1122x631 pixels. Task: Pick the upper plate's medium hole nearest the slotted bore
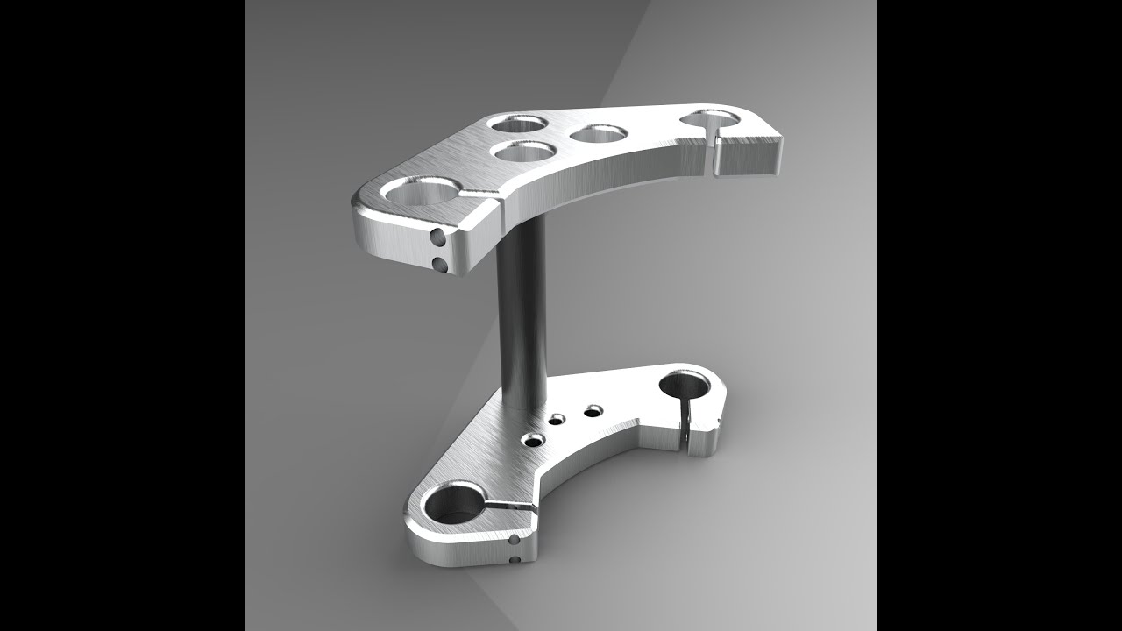[x=599, y=133]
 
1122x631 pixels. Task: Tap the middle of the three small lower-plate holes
[x=557, y=420]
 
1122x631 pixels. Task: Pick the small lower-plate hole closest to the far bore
[x=594, y=409]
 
